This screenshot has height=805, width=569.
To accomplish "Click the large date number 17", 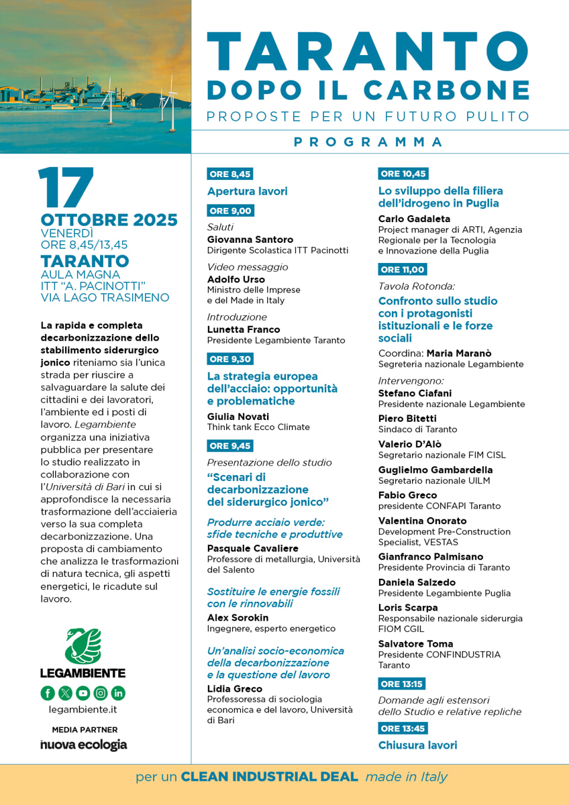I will point(66,187).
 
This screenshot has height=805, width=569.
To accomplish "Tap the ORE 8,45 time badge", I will point(230,174).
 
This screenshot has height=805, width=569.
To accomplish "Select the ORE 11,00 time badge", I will point(403,270).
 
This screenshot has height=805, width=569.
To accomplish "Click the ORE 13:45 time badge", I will point(403,729).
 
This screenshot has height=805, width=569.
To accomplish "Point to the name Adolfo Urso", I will point(236,279).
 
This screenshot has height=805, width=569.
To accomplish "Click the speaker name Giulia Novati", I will point(238,417).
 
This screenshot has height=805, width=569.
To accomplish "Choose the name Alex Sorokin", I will point(238,618).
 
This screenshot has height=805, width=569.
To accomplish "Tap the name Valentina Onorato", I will point(422,521).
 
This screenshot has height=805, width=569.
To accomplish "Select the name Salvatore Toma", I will point(415,644).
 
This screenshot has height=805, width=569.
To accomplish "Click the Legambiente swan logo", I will point(83,646).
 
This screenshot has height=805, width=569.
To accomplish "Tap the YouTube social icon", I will point(83,693).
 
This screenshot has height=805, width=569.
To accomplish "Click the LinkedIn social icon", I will point(118,693).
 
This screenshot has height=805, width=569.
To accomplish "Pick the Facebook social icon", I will point(48,693).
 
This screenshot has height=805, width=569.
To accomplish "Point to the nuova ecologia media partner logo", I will point(83,745).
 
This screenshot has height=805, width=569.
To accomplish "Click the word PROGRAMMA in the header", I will point(368,142).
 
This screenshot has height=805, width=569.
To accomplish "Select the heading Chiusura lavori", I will point(417,745).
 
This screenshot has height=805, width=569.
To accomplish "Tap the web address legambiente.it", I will point(83,709).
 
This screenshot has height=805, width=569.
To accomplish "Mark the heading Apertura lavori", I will point(247,191).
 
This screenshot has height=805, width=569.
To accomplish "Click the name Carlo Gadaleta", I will point(414,219).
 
